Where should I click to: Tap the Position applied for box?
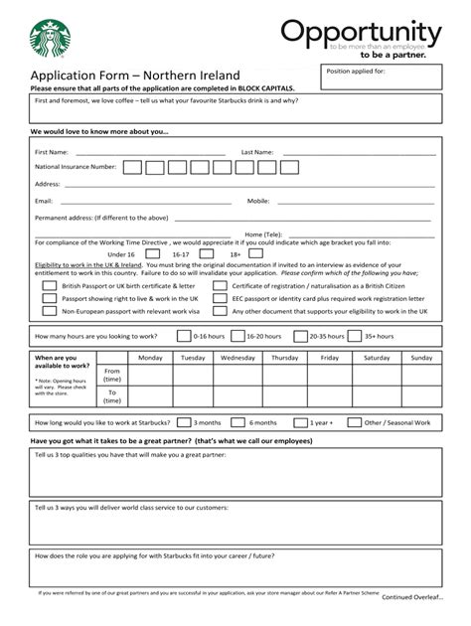(381, 78)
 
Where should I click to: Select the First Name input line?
(149, 153)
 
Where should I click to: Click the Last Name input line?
(358, 153)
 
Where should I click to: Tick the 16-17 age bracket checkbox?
(202, 253)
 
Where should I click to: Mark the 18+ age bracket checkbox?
(255, 253)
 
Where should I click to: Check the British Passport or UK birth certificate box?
(50, 285)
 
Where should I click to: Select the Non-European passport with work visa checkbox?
(50, 311)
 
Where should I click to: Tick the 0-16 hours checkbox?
(184, 336)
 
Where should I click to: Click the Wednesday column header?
(237, 358)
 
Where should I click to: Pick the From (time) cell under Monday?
(150, 376)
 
